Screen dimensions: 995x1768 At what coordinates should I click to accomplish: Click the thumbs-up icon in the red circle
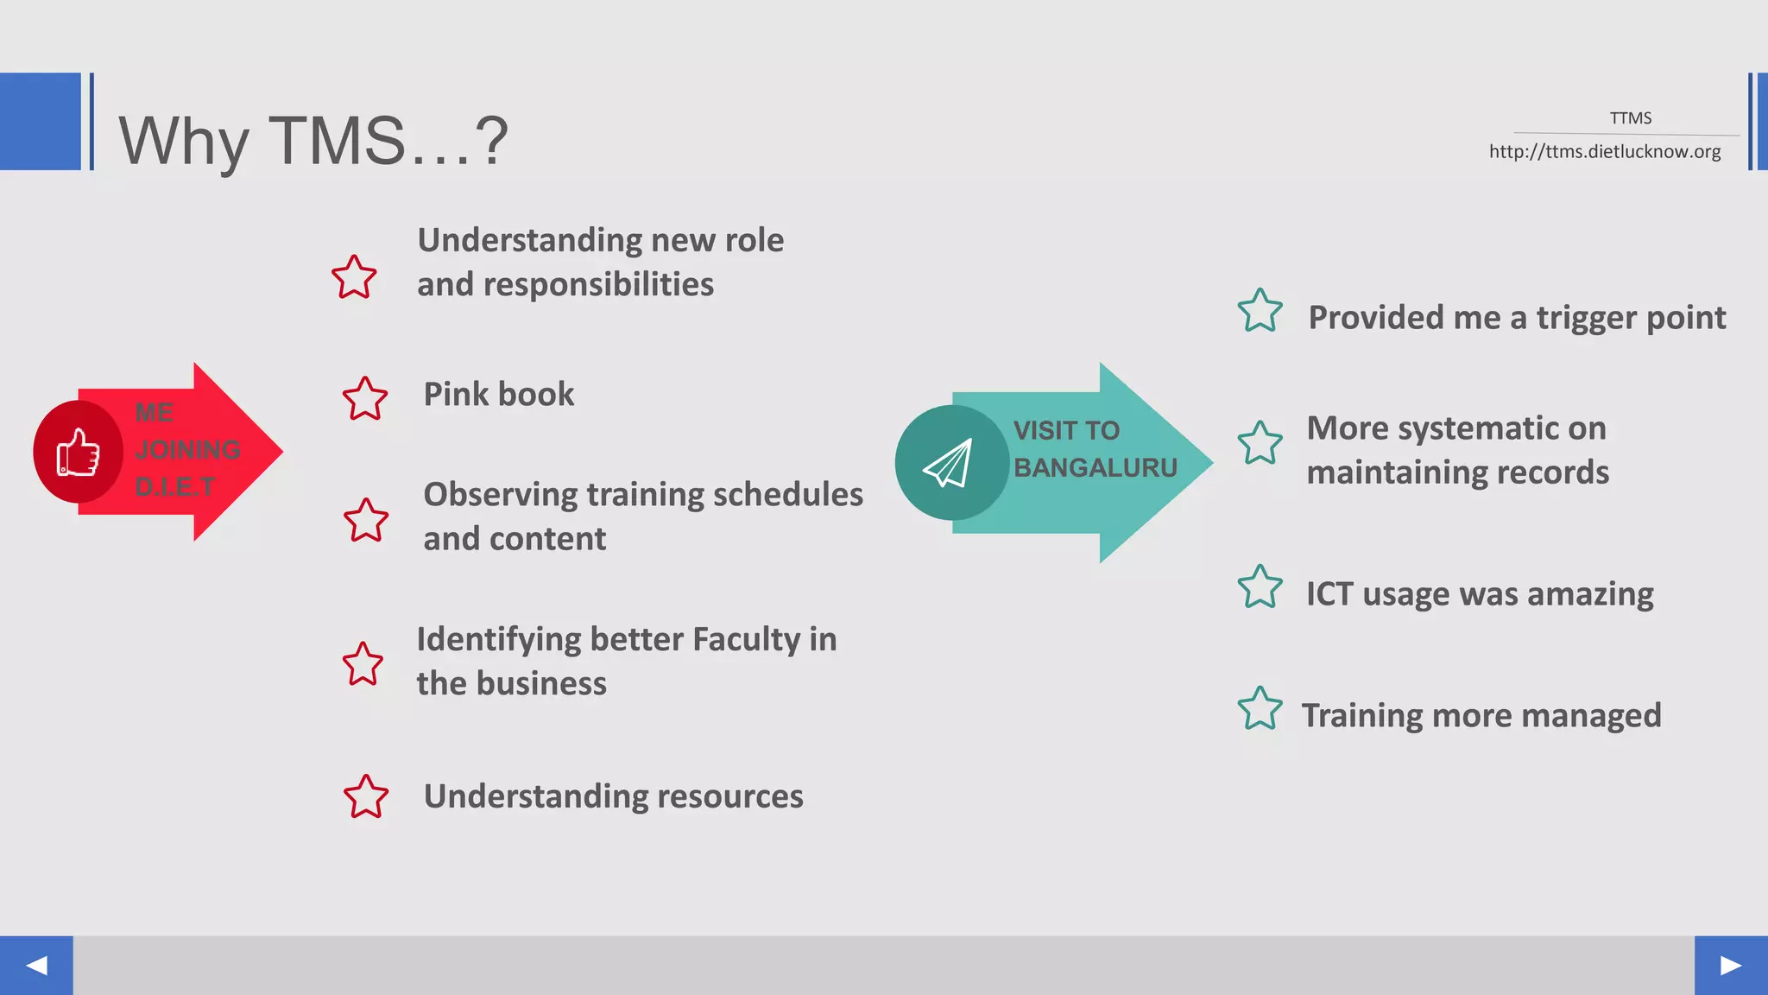click(x=78, y=452)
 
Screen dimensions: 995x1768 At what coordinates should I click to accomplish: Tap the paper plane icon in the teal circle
click(x=949, y=463)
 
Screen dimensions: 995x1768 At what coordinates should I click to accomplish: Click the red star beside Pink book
click(x=365, y=398)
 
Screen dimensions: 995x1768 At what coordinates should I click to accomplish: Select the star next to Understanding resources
click(x=366, y=796)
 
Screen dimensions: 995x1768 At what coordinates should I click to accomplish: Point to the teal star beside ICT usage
click(x=1260, y=587)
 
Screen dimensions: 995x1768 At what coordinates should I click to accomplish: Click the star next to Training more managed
click(x=1260, y=708)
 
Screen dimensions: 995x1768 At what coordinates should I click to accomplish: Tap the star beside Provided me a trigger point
click(x=1260, y=311)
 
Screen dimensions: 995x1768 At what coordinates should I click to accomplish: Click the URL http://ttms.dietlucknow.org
click(x=1604, y=152)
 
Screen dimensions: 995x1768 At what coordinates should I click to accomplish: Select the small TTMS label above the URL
click(x=1630, y=118)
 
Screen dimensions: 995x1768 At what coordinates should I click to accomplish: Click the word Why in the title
click(x=184, y=142)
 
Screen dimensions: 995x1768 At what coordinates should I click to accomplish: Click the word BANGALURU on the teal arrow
click(x=1095, y=468)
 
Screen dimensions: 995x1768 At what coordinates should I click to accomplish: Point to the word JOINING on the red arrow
click(x=187, y=450)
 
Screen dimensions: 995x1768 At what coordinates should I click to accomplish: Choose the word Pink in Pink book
click(x=455, y=395)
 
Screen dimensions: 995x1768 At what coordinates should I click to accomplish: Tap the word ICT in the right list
click(x=1329, y=594)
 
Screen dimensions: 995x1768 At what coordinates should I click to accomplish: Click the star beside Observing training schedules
click(x=366, y=520)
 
